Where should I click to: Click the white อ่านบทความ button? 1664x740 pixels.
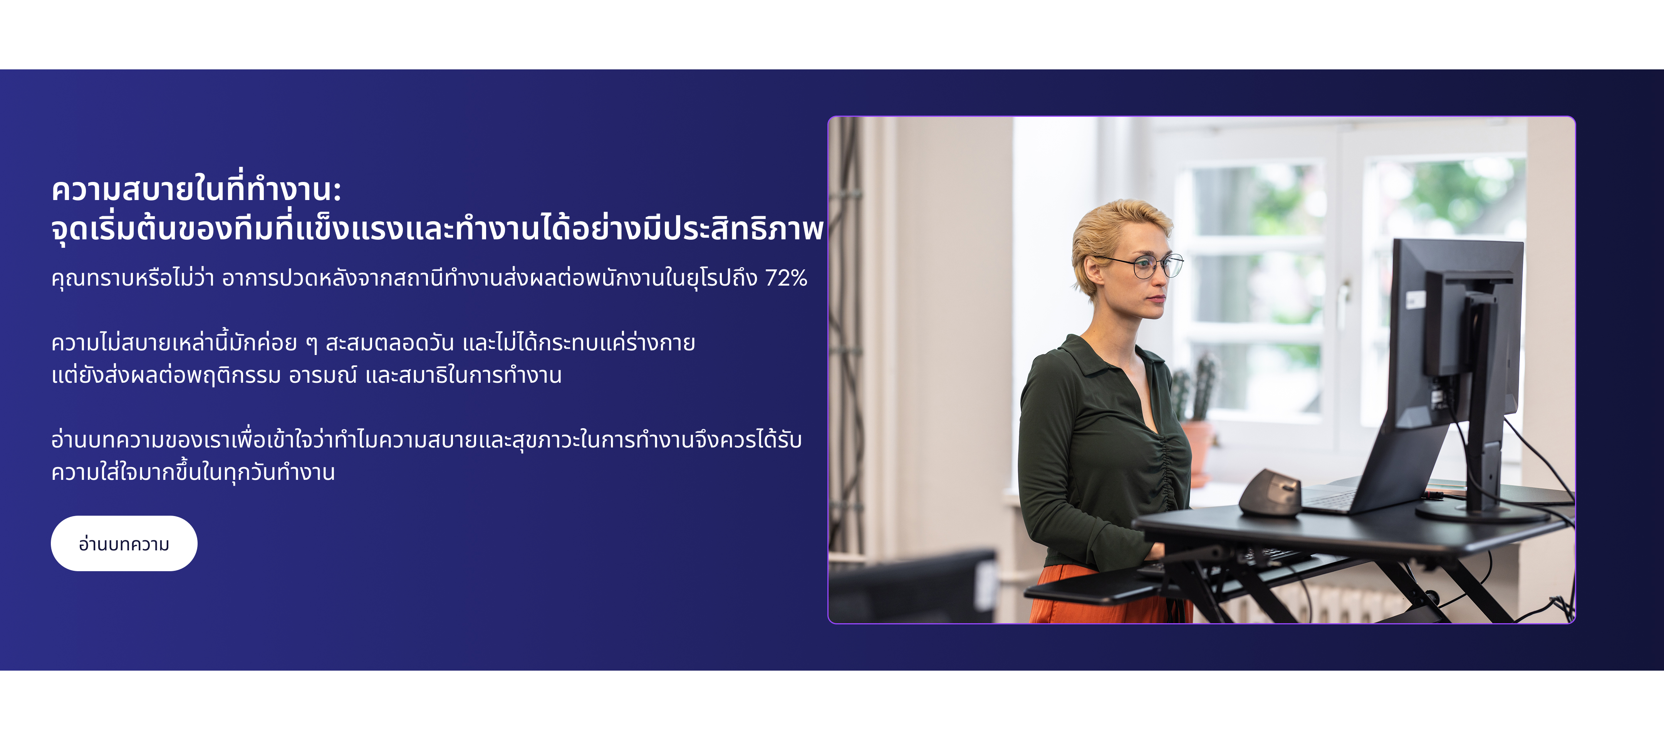(124, 543)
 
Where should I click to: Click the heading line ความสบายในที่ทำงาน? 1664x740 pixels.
(196, 189)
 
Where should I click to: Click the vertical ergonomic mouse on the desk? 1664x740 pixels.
(1269, 493)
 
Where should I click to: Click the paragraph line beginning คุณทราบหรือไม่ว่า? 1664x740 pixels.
(429, 278)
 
